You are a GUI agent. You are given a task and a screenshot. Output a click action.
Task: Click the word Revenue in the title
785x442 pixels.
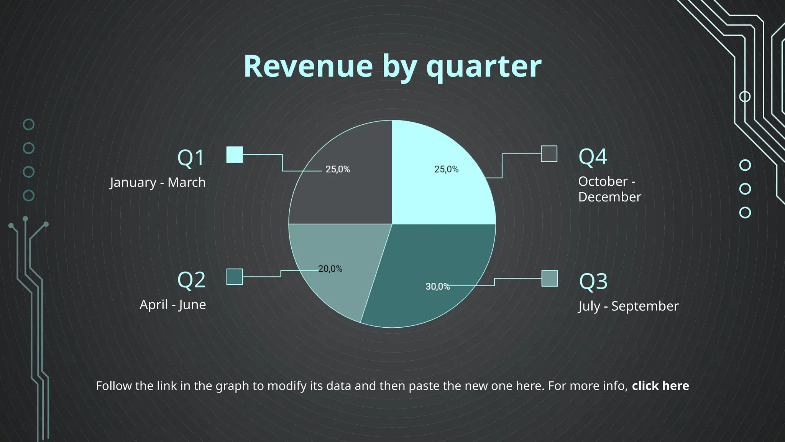coord(308,66)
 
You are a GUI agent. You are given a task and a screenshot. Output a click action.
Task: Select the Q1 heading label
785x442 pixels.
coord(191,158)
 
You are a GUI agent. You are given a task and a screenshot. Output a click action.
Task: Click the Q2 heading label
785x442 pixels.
coord(191,280)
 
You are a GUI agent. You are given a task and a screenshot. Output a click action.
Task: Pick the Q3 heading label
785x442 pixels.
coord(593,281)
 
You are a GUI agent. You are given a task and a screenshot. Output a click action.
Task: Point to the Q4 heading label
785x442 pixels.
coord(593,157)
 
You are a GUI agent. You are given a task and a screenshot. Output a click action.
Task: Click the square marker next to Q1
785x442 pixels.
coord(235,155)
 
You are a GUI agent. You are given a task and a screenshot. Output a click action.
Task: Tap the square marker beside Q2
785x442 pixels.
coord(235,277)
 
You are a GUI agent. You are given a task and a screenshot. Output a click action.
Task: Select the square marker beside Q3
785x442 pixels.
coord(549,279)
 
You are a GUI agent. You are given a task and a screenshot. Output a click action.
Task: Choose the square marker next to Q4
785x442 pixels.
coord(549,154)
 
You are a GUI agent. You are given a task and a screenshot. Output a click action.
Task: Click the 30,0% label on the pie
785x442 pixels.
coord(437,287)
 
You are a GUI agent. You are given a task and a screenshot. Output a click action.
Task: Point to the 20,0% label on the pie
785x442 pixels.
coord(330,269)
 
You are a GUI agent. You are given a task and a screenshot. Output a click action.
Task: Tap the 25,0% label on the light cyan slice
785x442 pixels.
coord(446,169)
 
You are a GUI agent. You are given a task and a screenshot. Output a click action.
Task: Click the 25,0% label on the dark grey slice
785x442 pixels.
coord(338,169)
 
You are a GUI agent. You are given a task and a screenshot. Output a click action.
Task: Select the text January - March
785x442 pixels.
coord(158,182)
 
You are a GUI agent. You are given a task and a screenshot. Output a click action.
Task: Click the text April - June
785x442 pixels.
coord(172,305)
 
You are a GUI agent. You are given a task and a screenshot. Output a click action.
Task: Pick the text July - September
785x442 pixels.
coord(628,306)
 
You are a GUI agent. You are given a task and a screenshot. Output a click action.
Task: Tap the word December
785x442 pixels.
coord(609,197)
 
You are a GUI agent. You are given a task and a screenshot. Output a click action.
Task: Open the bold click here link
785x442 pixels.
coord(660,386)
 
